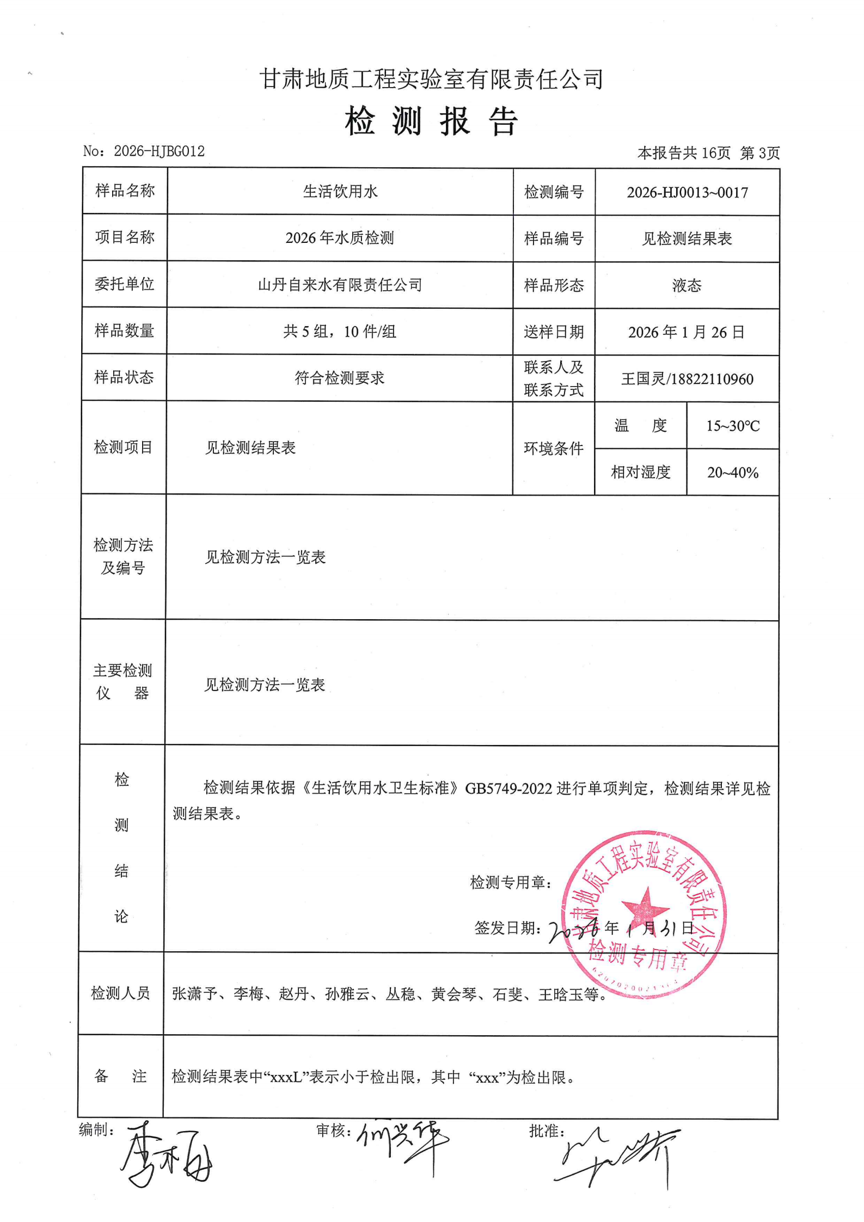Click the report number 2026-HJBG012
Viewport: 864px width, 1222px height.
click(158, 151)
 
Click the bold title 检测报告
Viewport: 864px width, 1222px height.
click(431, 121)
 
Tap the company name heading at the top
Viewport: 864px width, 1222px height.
click(431, 80)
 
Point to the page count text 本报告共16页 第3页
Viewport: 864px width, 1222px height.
click(708, 153)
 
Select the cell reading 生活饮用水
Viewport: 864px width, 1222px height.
click(340, 191)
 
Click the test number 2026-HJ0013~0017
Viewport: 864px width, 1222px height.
click(687, 192)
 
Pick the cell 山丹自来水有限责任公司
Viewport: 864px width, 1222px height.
click(340, 285)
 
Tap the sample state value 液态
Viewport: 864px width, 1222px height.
click(687, 285)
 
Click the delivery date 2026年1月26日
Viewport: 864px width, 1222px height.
click(687, 332)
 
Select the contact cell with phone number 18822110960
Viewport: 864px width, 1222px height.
click(687, 379)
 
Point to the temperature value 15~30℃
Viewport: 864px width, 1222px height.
click(733, 426)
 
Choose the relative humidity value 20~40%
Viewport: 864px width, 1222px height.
click(733, 472)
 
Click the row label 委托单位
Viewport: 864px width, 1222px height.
click(124, 284)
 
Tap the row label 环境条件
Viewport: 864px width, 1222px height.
click(553, 448)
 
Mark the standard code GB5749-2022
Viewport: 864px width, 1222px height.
click(508, 789)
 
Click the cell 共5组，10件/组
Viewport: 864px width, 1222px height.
click(340, 331)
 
